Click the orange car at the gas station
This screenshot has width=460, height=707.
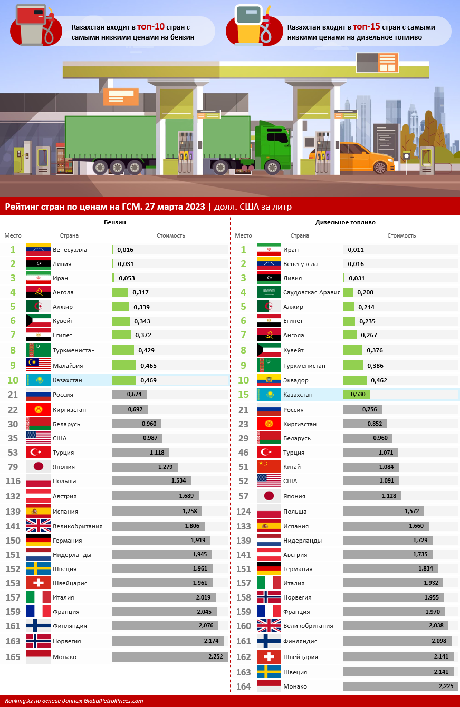(365, 157)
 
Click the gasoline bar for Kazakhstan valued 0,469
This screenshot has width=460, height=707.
(124, 380)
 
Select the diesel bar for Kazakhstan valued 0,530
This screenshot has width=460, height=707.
(357, 394)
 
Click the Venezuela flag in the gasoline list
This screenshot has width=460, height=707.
(39, 250)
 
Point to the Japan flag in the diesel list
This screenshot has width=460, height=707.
(269, 496)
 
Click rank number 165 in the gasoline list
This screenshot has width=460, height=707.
(13, 657)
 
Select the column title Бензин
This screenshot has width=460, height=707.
(114, 223)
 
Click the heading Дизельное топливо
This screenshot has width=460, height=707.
(346, 223)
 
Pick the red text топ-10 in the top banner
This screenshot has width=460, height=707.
(151, 26)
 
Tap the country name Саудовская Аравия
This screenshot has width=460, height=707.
(312, 292)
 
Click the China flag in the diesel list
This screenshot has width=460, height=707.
(269, 466)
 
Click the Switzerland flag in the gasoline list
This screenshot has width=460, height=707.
(39, 583)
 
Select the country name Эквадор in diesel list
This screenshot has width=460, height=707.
(295, 380)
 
